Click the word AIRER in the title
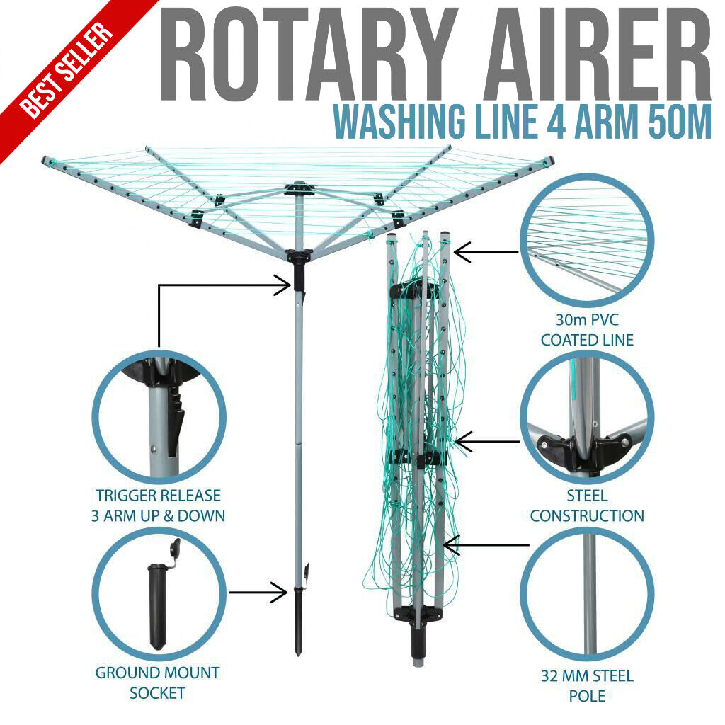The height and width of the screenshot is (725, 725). (x=598, y=54)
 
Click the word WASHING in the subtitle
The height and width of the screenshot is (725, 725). (x=399, y=122)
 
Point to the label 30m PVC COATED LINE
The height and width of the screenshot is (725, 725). (x=587, y=330)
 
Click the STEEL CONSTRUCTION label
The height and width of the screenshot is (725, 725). (x=587, y=506)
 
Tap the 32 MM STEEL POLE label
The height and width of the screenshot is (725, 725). (x=587, y=685)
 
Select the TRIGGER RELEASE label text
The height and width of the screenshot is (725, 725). (x=158, y=495)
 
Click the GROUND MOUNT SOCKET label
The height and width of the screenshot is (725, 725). (x=157, y=683)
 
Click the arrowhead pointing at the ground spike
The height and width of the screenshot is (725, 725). (x=280, y=593)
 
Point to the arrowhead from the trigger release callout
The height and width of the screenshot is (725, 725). (x=283, y=285)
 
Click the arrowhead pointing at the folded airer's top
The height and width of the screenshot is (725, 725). (x=462, y=252)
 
